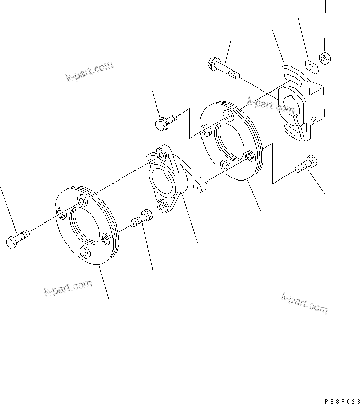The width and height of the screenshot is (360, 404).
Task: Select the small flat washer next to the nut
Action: pos(310,65)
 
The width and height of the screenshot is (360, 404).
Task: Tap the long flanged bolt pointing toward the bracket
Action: pos(223,69)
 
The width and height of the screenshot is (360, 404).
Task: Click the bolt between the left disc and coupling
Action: pos(141,218)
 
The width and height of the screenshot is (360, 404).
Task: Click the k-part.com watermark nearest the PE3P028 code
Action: pos(304,303)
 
